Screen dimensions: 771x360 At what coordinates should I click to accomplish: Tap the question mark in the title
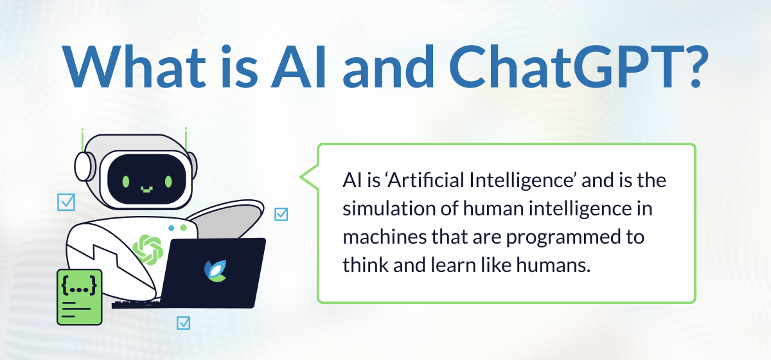[x=696, y=66]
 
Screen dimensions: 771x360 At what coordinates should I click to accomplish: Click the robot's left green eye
[x=126, y=181]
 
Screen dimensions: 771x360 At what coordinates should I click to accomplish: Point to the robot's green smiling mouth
[x=146, y=189]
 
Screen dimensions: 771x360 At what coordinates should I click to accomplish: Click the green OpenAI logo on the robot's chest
[x=148, y=250]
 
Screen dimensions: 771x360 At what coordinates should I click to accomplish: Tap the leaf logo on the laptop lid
[x=216, y=271]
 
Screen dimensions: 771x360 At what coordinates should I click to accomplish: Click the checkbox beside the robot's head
[x=66, y=202]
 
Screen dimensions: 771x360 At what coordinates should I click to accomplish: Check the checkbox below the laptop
[x=183, y=323]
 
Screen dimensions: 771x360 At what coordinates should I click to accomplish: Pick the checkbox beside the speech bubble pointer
[x=281, y=214]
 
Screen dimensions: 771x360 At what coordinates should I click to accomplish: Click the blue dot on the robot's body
[x=172, y=228]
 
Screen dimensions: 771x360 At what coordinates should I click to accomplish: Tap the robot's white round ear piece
[x=84, y=166]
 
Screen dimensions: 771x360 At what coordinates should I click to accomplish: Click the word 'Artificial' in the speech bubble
[x=425, y=180]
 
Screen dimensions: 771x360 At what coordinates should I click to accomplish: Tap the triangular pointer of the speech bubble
[x=309, y=177]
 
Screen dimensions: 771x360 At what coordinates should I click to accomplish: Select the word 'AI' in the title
[x=298, y=66]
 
